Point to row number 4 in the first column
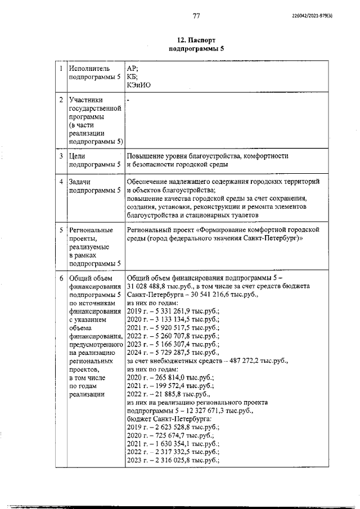click(61, 182)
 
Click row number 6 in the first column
click(61, 278)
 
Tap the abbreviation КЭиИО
click(139, 85)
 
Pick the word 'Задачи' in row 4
click(80, 182)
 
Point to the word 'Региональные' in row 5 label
click(91, 230)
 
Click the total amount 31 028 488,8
click(150, 286)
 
